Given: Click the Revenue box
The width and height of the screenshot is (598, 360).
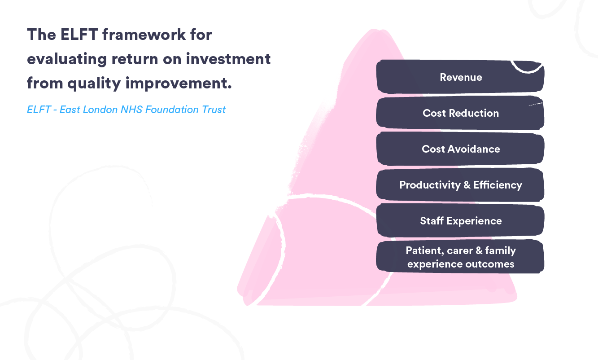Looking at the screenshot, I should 460,77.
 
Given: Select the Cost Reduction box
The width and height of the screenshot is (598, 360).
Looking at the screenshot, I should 460,113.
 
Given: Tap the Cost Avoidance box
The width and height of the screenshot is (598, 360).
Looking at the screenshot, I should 460,149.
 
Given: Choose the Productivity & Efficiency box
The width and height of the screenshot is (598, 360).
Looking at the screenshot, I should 460,185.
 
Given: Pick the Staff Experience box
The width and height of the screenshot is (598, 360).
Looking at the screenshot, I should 460,221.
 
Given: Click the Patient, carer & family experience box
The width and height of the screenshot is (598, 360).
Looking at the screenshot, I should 460,257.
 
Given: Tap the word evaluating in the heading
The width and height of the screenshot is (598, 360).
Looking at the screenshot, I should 67,59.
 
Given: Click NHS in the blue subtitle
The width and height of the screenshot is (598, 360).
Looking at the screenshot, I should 131,110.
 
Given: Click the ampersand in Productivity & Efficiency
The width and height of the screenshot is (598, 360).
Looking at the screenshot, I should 467,185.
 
